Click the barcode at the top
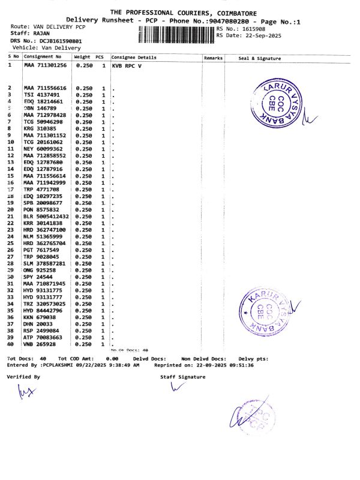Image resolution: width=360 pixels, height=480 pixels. [176, 34]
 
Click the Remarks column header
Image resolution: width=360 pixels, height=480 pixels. [214, 58]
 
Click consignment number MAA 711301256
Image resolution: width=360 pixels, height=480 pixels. [45, 65]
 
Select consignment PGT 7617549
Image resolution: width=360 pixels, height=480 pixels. [41, 250]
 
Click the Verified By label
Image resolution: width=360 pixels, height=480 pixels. [23, 377]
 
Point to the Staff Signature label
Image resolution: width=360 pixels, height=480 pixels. [182, 377]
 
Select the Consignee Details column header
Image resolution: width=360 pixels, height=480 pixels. [134, 58]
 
